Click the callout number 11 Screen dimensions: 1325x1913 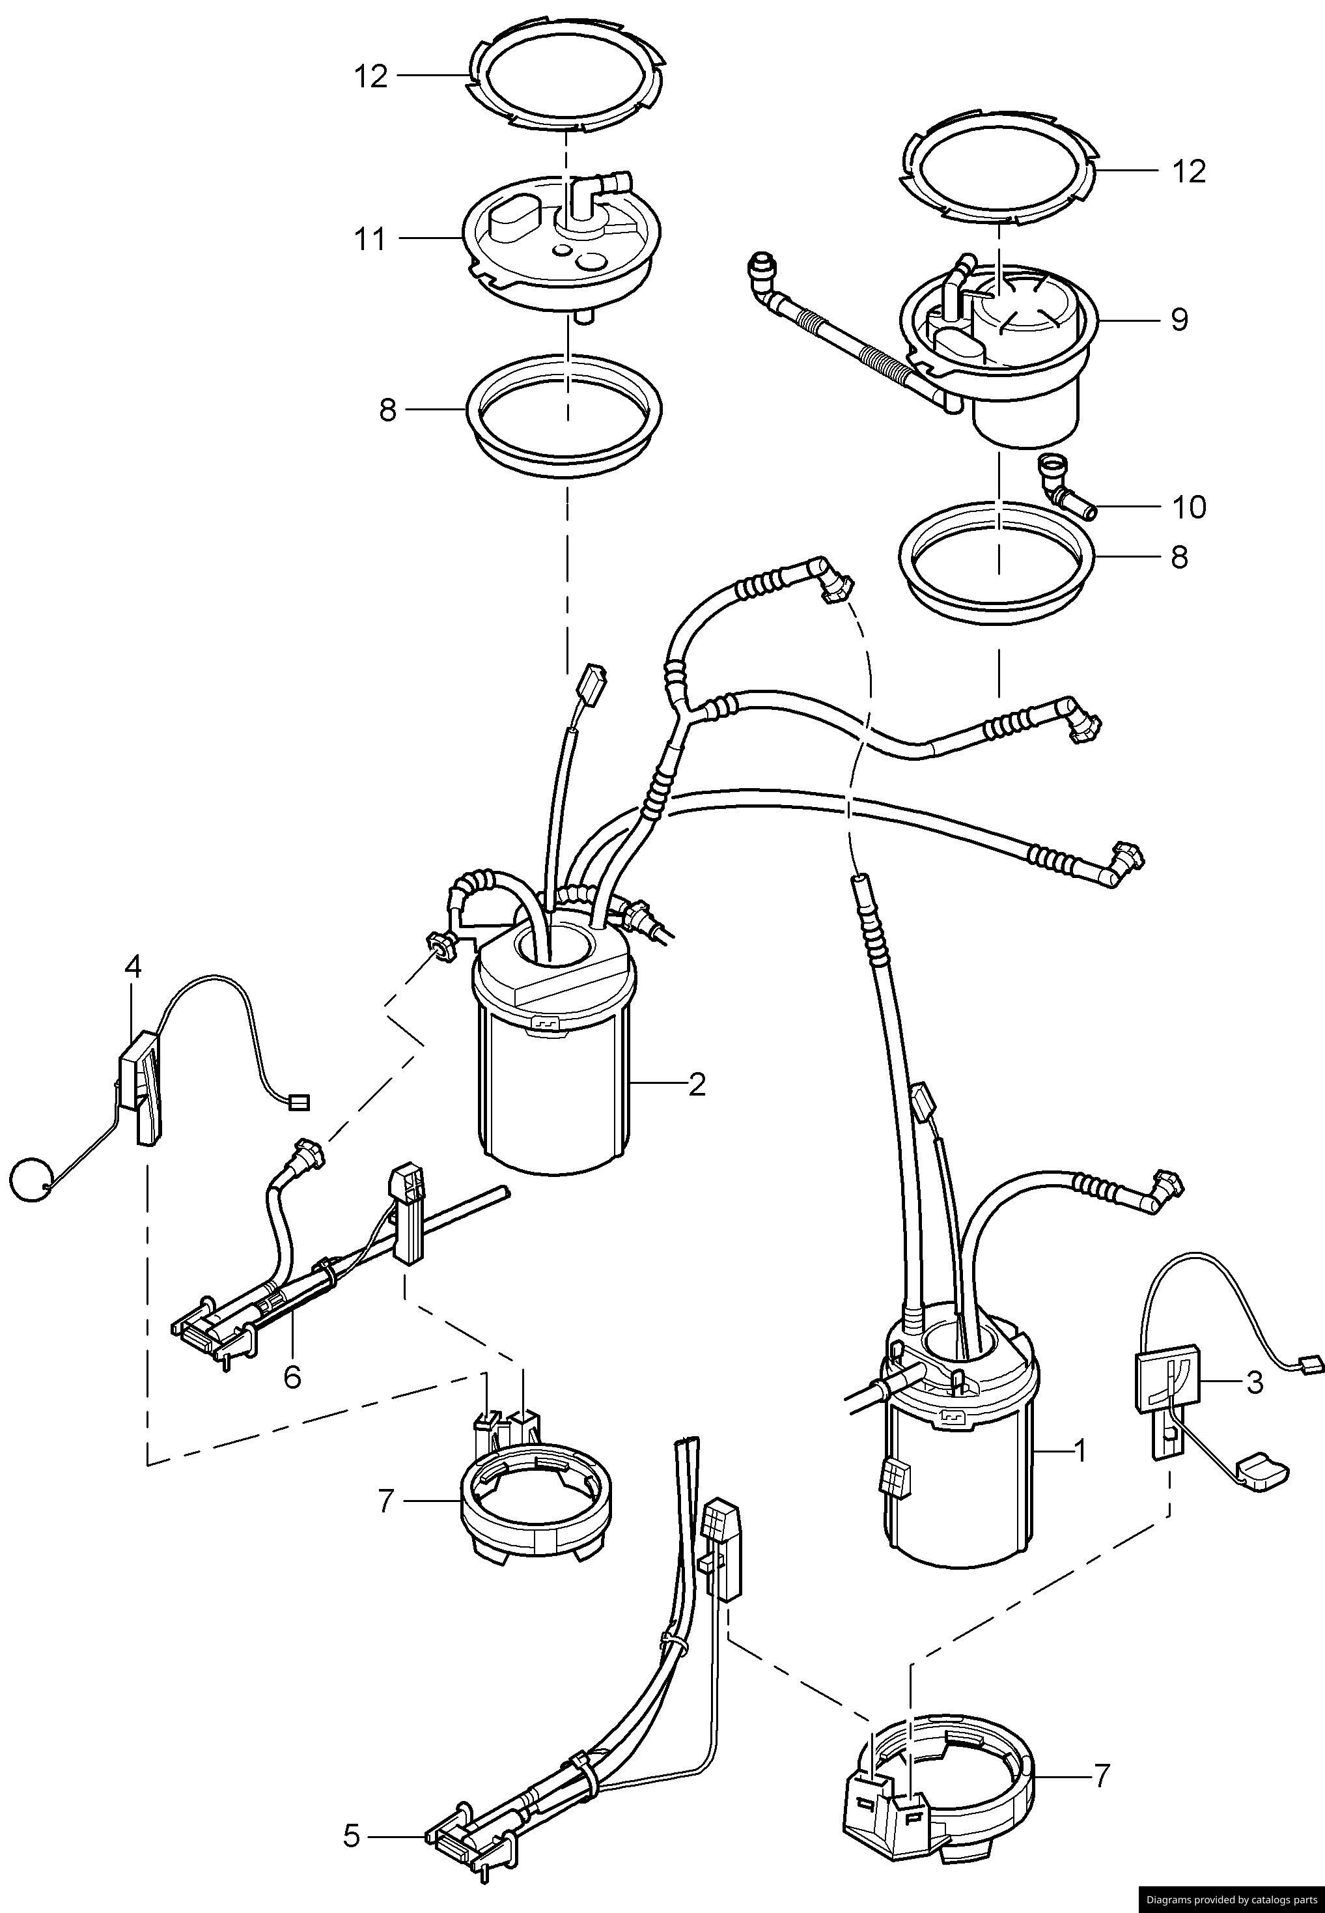370,239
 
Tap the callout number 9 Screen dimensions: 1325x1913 1179,320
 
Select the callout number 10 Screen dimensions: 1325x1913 1188,507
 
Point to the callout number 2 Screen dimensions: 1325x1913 697,1084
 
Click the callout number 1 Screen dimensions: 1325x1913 1080,1451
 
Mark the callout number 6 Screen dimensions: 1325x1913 292,1377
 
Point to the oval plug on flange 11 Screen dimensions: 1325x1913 510,217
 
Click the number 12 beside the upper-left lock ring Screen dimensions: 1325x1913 371,76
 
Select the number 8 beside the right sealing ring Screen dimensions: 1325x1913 1179,557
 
